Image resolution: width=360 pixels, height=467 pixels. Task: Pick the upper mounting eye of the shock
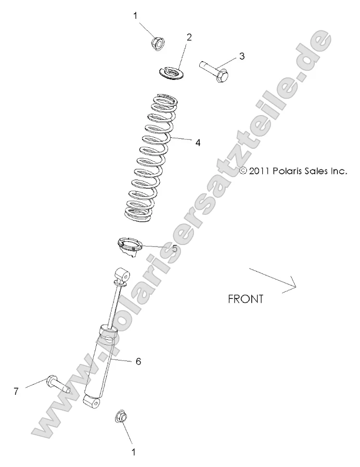coord(122,276)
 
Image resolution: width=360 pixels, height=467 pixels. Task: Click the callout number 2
coord(189,37)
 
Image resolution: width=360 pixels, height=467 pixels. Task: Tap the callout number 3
coord(242,56)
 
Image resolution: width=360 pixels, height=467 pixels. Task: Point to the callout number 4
coord(197,143)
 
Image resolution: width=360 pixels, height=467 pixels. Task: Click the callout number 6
coord(138,361)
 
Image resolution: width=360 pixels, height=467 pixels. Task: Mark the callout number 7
coord(16,391)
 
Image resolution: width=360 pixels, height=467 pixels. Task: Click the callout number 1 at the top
coord(135,15)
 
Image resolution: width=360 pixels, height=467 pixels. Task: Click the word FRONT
coord(245,299)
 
